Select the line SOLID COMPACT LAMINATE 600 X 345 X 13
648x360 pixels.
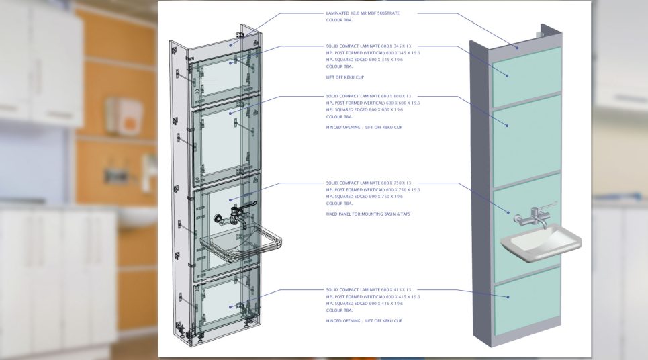(369, 46)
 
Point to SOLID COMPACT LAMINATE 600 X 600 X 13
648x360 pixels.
(369, 96)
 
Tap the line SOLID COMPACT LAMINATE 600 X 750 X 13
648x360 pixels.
(369, 183)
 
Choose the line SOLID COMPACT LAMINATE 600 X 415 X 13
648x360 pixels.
(369, 290)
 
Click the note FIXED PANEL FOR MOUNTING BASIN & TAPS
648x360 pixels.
(367, 214)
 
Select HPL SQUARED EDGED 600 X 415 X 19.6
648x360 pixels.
(365, 304)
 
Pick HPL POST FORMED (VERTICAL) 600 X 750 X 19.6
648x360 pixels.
(373, 189)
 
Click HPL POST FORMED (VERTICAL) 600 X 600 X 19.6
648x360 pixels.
(373, 103)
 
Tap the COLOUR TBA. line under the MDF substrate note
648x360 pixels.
(339, 20)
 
